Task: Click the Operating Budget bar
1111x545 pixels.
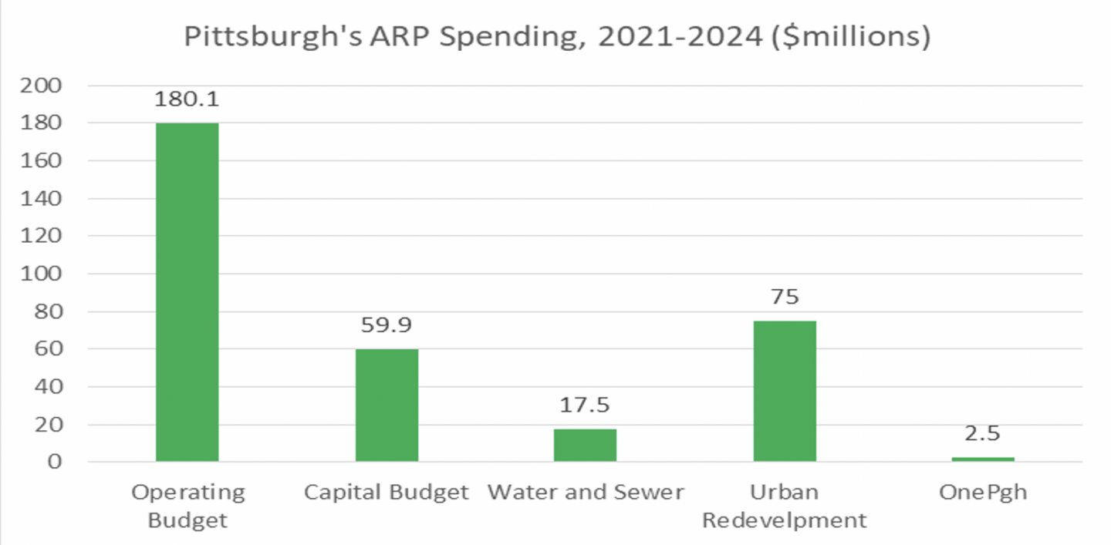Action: pos(187,292)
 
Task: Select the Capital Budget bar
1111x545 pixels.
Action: pos(387,405)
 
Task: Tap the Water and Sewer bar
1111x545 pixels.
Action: pos(585,445)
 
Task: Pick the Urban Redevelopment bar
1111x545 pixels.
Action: pos(784,391)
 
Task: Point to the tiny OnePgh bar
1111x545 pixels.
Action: pos(982,459)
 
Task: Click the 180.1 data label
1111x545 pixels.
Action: pos(187,99)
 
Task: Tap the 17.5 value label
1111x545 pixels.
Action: pos(585,405)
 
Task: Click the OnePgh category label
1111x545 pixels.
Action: pos(983,493)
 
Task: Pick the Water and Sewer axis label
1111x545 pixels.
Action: pos(586,493)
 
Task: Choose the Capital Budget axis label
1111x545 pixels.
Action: pos(387,493)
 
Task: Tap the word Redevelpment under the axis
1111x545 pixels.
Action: pos(784,520)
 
